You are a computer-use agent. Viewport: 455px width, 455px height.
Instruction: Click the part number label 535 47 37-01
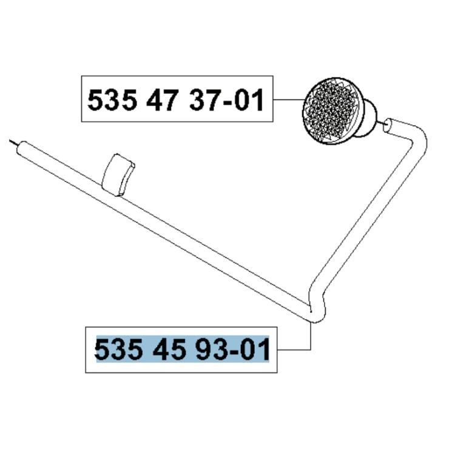pos(176,101)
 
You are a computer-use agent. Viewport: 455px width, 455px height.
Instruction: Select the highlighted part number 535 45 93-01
pos(182,350)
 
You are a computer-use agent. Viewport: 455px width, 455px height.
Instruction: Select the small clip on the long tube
pos(120,175)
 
